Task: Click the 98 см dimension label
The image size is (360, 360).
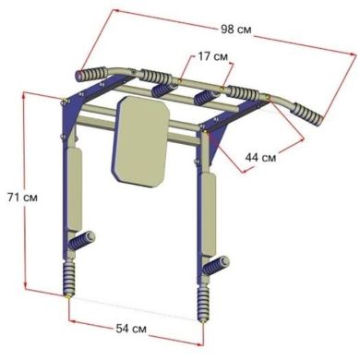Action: [236, 30]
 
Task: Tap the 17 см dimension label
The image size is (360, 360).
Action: [212, 56]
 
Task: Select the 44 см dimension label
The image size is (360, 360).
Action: [260, 158]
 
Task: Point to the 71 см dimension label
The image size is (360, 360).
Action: [22, 198]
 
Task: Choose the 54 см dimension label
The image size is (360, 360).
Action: [131, 329]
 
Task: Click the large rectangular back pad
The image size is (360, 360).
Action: [140, 141]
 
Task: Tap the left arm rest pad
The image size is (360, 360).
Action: [74, 189]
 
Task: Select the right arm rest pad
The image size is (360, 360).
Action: [209, 214]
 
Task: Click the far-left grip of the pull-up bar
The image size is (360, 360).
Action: [91, 74]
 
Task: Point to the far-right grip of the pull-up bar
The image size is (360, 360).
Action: [306, 114]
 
